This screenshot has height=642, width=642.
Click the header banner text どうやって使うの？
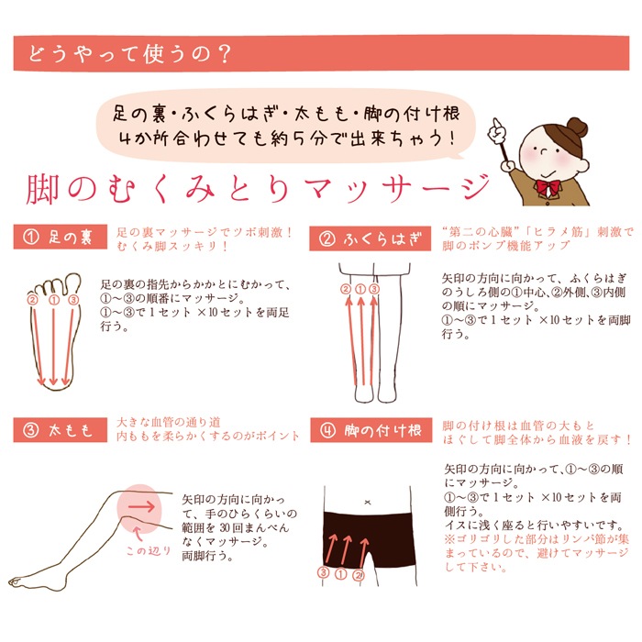pyautogui.click(x=129, y=54)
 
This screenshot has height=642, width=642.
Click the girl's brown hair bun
pyautogui.click(x=577, y=128)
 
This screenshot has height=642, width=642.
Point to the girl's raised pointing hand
pyautogui.click(x=496, y=130)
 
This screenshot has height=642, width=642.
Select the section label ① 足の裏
pyautogui.click(x=61, y=237)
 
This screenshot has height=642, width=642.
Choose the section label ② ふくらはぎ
pyautogui.click(x=371, y=238)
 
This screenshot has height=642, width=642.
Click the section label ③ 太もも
pyautogui.click(x=61, y=430)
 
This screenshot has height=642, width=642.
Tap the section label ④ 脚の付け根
pyautogui.click(x=371, y=430)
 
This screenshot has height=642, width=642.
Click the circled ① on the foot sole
pyautogui.click(x=53, y=301)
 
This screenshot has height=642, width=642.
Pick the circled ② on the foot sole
pyautogui.click(x=32, y=300)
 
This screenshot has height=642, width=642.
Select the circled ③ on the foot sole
pyautogui.click(x=73, y=300)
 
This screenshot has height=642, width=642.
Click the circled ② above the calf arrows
pyautogui.click(x=347, y=290)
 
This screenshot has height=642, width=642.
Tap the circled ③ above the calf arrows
pyautogui.click(x=374, y=290)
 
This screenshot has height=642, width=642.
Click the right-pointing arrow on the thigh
pyautogui.click(x=141, y=507)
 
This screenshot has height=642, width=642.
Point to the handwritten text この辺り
pyautogui.click(x=149, y=550)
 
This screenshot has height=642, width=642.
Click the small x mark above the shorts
pyautogui.click(x=368, y=502)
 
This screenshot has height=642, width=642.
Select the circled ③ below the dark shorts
pyautogui.click(x=324, y=572)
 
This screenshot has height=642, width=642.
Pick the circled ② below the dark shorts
pyautogui.click(x=359, y=575)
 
